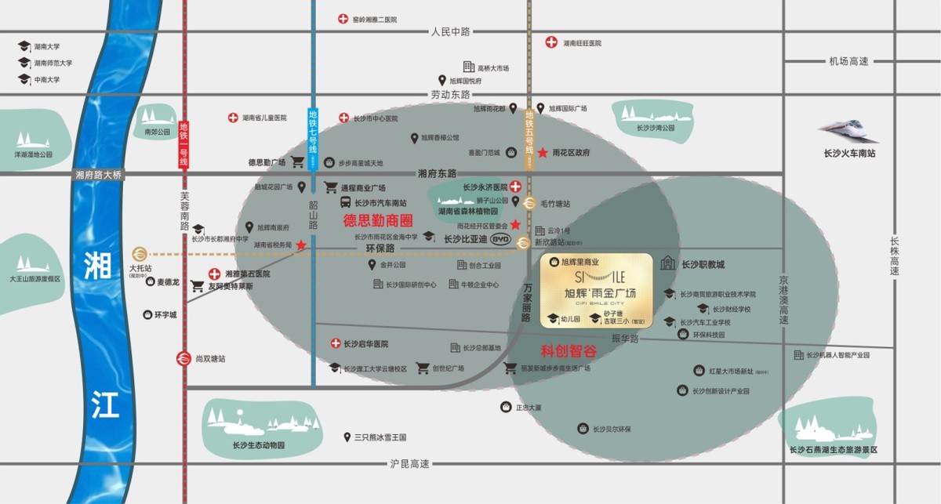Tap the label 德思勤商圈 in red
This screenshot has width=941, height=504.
click(x=378, y=221)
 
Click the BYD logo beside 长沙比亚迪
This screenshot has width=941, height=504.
click(x=500, y=239)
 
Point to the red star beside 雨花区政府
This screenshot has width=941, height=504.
click(x=543, y=152)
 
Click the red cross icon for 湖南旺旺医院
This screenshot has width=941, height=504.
click(x=552, y=42)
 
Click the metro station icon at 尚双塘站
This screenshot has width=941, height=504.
click(x=183, y=358)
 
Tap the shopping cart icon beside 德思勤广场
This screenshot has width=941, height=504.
click(x=298, y=162)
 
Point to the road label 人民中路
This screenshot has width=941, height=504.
click(x=450, y=32)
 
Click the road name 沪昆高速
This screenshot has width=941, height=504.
click(x=410, y=464)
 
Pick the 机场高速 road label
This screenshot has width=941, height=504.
click(x=849, y=61)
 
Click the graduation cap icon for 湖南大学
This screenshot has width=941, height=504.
click(x=24, y=47)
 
